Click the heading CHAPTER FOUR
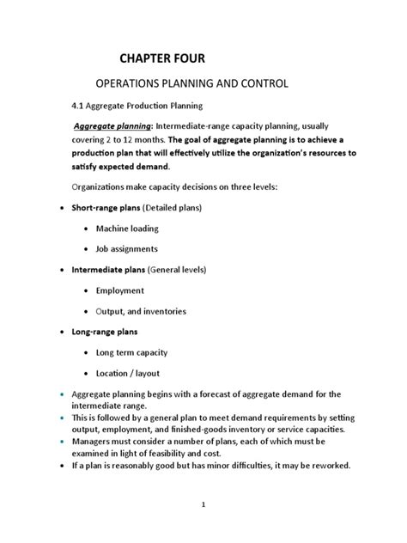(162, 58)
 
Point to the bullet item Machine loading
(127, 229)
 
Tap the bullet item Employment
(120, 290)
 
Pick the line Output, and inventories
(141, 311)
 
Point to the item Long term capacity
(134, 352)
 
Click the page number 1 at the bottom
(203, 504)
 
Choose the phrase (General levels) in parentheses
(178, 270)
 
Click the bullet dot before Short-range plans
(59, 209)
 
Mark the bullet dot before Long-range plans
(59, 333)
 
